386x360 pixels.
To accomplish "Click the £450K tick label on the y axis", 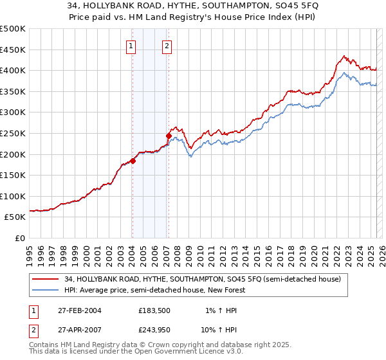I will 13,50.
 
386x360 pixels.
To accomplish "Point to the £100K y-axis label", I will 13,196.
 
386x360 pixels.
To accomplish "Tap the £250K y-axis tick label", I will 13,133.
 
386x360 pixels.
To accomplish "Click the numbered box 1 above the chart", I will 131,46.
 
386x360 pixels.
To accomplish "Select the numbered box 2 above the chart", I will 167,46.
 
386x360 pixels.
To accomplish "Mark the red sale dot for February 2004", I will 133,161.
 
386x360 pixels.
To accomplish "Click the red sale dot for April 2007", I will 169,136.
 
